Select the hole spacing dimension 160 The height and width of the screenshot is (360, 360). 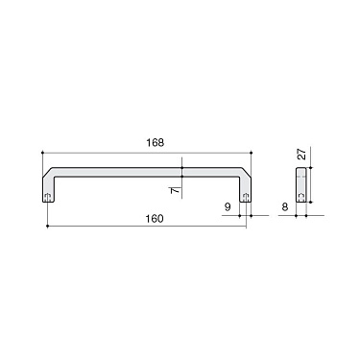[x=155, y=218]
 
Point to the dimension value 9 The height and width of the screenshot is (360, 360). [x=227, y=204]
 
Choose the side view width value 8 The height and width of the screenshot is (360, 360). [x=285, y=204]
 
